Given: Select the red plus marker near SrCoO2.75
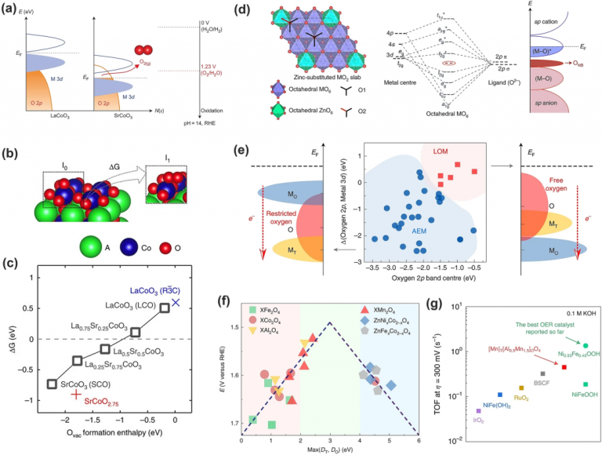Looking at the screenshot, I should pyautogui.click(x=74, y=394).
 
